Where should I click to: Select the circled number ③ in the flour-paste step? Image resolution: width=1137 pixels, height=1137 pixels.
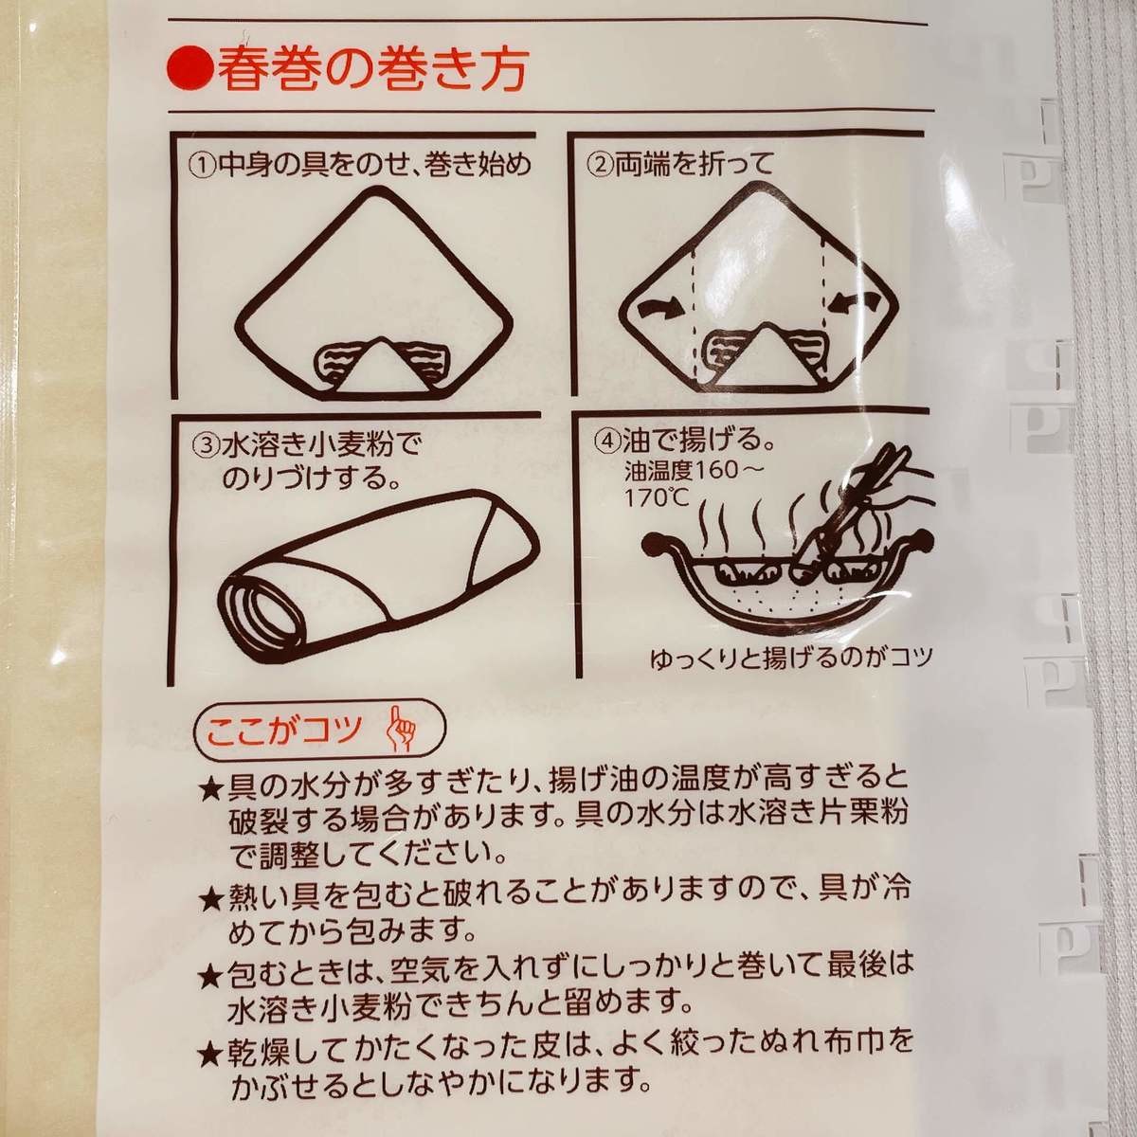click(207, 444)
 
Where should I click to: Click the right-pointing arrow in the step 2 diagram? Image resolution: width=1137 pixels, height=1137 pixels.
click(659, 307)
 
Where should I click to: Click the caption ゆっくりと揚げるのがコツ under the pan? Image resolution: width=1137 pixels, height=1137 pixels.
click(790, 659)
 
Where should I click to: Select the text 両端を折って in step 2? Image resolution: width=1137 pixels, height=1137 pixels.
click(694, 164)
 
